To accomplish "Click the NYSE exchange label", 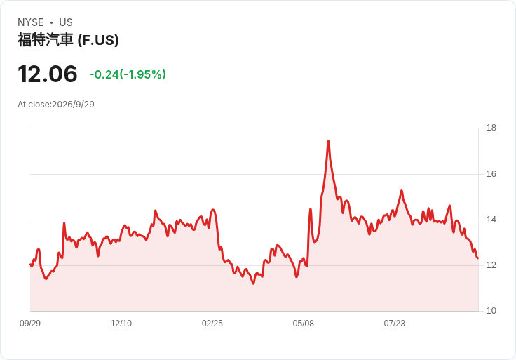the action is click(31, 22).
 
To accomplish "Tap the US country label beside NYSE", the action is click(66, 22).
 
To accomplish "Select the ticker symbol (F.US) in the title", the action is click(98, 40).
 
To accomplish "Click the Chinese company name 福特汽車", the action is click(46, 40).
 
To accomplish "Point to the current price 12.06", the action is click(48, 74).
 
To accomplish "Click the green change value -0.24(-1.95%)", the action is click(128, 74).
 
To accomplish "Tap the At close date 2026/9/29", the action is click(73, 105).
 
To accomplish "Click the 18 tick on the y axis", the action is click(491, 128).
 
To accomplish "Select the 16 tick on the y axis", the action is click(491, 174).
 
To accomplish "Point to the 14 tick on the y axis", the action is click(491, 220).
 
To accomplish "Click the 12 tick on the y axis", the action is click(491, 265).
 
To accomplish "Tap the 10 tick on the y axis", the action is click(491, 311).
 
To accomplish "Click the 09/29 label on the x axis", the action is click(30, 324).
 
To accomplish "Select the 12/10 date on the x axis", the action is click(121, 324).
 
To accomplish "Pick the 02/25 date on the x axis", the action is click(212, 324).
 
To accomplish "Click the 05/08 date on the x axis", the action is click(304, 324).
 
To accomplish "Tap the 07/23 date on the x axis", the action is click(394, 324).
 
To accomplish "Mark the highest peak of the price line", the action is click(328, 141).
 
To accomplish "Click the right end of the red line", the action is click(478, 258).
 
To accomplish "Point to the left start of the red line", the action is click(30, 265).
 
